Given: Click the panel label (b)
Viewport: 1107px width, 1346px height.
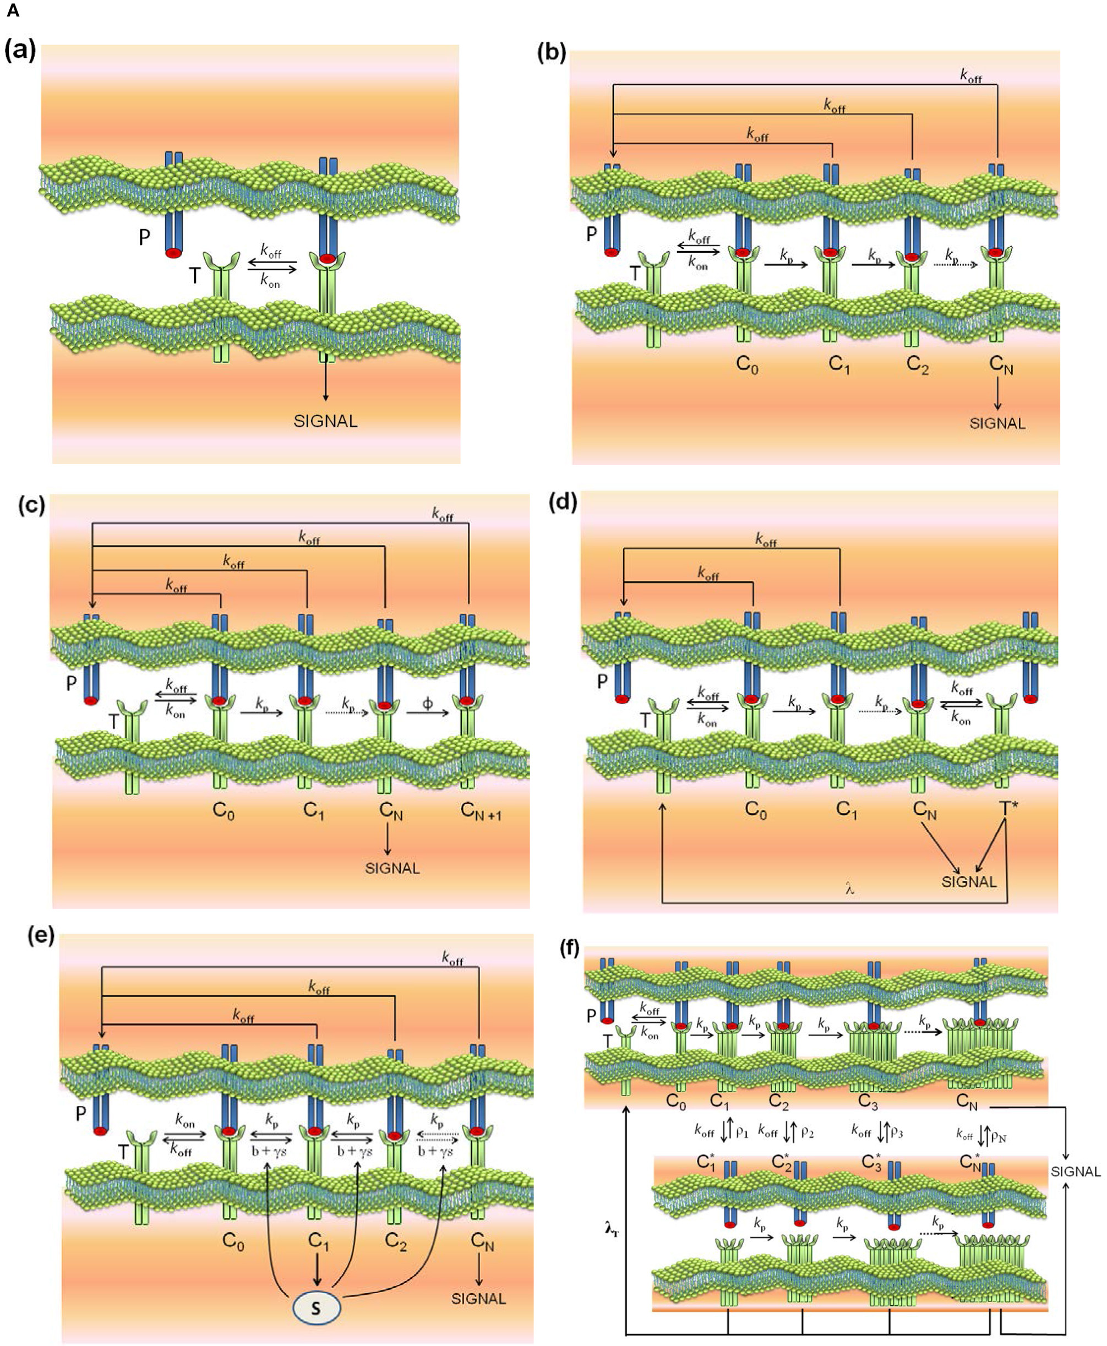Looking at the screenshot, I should click(x=552, y=53).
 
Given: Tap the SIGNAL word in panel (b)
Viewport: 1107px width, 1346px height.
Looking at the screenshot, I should click(x=997, y=423).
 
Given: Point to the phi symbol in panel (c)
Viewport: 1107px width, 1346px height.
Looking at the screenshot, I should click(x=427, y=704).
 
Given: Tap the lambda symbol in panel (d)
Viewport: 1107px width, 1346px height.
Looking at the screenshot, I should click(x=849, y=888).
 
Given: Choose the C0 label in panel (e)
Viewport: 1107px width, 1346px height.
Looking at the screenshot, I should click(x=233, y=1241).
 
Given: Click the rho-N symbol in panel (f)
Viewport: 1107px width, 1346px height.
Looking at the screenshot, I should click(x=999, y=1134).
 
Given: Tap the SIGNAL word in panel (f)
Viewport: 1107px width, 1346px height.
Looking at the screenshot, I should click(x=1076, y=1171).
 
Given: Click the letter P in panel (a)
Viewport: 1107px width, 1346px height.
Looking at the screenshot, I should click(x=145, y=237).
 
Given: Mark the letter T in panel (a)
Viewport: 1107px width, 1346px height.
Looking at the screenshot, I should click(x=194, y=275).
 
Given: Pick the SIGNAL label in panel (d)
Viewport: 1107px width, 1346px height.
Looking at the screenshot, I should click(x=969, y=882).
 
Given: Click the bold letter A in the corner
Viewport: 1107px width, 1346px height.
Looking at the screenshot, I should click(x=12, y=11).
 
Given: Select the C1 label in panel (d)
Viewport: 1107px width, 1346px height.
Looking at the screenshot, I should click(x=847, y=809).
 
